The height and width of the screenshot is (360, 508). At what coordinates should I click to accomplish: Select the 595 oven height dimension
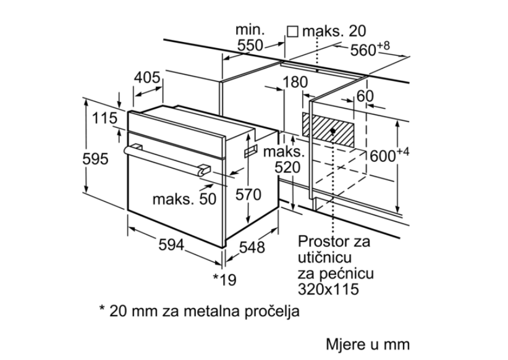pyautogui.click(x=96, y=159)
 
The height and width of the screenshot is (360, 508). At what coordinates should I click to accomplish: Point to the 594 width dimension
pyautogui.click(x=172, y=245)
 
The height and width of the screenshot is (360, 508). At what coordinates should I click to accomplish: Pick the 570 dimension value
pyautogui.click(x=249, y=195)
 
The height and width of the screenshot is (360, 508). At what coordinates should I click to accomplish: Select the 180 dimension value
pyautogui.click(x=296, y=83)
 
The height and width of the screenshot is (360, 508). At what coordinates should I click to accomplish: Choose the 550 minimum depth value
pyautogui.click(x=250, y=45)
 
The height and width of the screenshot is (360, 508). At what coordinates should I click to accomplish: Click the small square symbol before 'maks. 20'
pyautogui.click(x=293, y=31)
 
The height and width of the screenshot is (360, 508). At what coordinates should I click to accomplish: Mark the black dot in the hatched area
pyautogui.click(x=334, y=131)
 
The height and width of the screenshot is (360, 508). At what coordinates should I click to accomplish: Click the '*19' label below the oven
pyautogui.click(x=224, y=280)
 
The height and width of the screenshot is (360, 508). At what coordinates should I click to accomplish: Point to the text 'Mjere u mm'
pyautogui.click(x=368, y=344)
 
